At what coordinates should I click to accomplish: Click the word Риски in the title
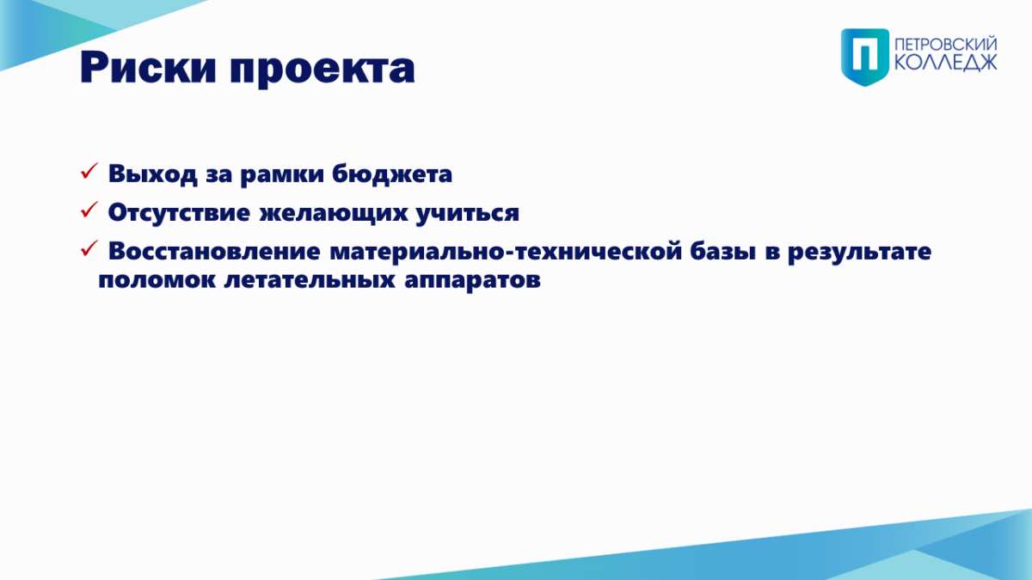pos(148,68)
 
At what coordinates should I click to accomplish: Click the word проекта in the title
pos(322,70)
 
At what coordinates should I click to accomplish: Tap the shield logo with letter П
pos(865,57)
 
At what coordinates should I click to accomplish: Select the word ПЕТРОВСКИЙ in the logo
pos(946,45)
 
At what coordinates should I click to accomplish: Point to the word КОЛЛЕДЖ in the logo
pos(946,63)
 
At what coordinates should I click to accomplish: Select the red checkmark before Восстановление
pos(89,248)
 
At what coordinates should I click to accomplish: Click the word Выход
pos(152,174)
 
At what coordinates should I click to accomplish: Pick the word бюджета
pos(392,174)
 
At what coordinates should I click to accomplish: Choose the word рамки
pos(282,175)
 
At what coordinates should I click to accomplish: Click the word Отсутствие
pos(179,213)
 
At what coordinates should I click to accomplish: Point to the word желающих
pos(334,213)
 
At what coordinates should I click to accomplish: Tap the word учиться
pos(468,214)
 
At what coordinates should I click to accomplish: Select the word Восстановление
pos(214,251)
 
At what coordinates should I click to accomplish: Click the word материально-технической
pos(506,251)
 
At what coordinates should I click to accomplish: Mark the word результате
pos(860,253)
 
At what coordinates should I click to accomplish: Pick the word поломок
pos(157,280)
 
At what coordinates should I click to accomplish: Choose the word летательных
pos(310,280)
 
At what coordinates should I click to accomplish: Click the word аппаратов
pos(472,281)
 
